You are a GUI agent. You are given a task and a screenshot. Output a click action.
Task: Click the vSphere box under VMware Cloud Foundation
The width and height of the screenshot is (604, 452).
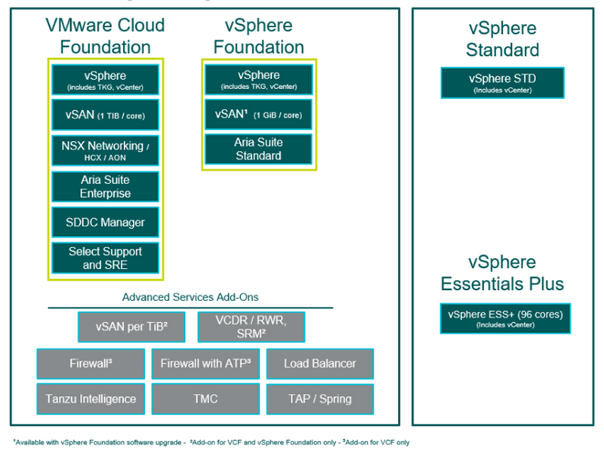click(x=106, y=79)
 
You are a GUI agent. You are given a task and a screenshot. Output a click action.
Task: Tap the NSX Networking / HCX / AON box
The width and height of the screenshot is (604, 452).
click(x=106, y=150)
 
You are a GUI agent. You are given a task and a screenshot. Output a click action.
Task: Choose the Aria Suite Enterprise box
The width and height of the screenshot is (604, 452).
click(x=106, y=186)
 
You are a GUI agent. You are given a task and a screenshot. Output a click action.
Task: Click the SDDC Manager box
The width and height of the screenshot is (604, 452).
click(x=106, y=222)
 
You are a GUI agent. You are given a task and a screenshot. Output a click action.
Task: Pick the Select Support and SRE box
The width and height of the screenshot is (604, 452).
click(x=106, y=257)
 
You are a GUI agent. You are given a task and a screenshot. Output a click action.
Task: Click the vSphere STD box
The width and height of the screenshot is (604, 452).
click(x=502, y=82)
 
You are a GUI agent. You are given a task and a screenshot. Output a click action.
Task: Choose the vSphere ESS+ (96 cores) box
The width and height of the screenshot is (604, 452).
click(x=505, y=318)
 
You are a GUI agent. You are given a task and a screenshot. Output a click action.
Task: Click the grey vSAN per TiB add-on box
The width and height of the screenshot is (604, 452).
click(x=131, y=327)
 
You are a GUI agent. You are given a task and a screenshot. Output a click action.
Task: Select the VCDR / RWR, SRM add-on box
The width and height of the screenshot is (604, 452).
click(x=251, y=327)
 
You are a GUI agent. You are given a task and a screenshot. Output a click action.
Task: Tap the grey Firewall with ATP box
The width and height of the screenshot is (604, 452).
click(x=205, y=363)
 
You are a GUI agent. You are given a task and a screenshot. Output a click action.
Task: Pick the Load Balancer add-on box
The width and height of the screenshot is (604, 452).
click(x=319, y=363)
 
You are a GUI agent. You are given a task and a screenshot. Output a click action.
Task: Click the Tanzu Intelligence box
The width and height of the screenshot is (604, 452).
click(x=89, y=398)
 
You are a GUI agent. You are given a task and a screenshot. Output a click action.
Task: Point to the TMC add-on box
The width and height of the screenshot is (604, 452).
click(x=205, y=398)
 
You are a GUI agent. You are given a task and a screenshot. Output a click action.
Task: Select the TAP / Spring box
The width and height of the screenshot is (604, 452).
click(x=319, y=398)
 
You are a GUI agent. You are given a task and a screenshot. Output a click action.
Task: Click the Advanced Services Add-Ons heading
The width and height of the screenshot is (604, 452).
click(x=190, y=297)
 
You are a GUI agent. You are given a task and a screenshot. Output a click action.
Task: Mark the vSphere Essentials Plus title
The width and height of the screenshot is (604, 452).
click(x=502, y=273)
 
